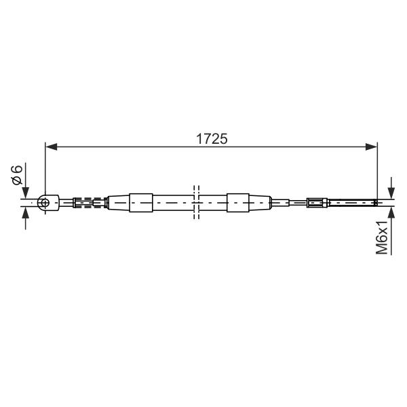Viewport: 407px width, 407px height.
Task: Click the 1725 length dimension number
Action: (212, 139)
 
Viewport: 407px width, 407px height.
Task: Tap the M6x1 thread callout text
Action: (381, 237)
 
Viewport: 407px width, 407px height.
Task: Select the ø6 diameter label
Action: (17, 175)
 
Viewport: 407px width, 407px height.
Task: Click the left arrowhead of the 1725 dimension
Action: (51, 147)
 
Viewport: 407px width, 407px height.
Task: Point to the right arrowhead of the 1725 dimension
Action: (372, 147)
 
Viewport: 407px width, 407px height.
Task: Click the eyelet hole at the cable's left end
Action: (45, 202)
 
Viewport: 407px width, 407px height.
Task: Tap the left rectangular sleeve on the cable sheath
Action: (140, 203)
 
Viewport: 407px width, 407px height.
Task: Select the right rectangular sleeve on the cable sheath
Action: (238, 203)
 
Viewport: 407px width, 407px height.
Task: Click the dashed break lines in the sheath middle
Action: (197, 202)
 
